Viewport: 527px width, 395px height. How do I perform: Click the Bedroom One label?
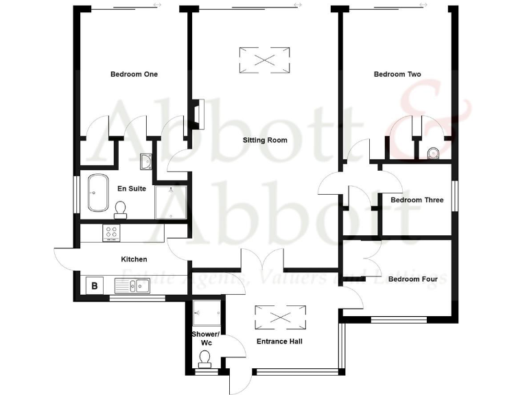[x=134, y=74]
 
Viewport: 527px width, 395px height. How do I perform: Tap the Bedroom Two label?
[x=397, y=74]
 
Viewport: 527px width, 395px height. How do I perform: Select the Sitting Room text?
[x=265, y=140]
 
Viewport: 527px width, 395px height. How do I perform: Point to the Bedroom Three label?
[x=417, y=200]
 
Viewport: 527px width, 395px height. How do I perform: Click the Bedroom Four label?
[x=412, y=279]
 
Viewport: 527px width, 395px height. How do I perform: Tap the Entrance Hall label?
[x=279, y=341]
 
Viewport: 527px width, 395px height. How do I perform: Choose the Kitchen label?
[x=134, y=259]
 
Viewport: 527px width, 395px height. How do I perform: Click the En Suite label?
[x=132, y=188]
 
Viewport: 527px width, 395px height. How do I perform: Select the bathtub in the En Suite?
[x=96, y=193]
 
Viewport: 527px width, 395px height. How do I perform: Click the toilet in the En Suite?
[x=121, y=207]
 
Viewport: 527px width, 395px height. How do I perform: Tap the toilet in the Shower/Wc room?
[x=204, y=357]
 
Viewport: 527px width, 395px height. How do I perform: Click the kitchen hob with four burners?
[x=111, y=233]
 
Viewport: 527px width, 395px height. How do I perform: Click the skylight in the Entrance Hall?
[x=280, y=317]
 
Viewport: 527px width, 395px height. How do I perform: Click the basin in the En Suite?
[x=146, y=162]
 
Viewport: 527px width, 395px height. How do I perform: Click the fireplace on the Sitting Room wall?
[x=197, y=115]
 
